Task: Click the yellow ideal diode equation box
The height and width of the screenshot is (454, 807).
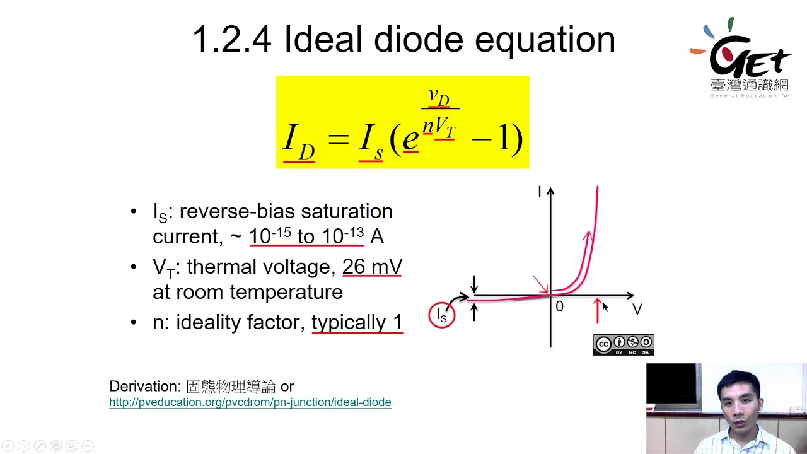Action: point(403,122)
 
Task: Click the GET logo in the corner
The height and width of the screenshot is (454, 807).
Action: point(740,57)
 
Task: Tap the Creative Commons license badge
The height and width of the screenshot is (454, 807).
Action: point(624,345)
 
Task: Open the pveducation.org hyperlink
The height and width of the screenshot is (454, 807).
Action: point(250,402)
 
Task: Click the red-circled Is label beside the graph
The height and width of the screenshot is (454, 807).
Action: point(442,315)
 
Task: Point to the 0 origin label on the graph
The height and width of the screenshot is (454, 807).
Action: point(559,306)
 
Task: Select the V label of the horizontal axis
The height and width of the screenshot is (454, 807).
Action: point(637,309)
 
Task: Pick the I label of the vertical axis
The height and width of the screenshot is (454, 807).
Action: point(539,191)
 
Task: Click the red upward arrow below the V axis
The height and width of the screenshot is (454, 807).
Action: point(598,311)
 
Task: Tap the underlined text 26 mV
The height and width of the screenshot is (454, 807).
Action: point(372,267)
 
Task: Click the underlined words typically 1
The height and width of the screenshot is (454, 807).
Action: point(357,322)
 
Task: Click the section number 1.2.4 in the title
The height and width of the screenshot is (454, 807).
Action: point(232,39)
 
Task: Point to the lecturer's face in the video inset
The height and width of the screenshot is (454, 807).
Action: point(740,404)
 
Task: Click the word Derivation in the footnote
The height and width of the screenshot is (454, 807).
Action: point(145,387)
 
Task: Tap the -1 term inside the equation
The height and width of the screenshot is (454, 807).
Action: point(496,138)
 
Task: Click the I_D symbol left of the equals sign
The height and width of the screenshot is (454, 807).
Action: point(299,143)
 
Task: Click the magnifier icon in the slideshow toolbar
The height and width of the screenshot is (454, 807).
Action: point(72,446)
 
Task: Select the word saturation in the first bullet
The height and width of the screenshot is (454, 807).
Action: point(347,211)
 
